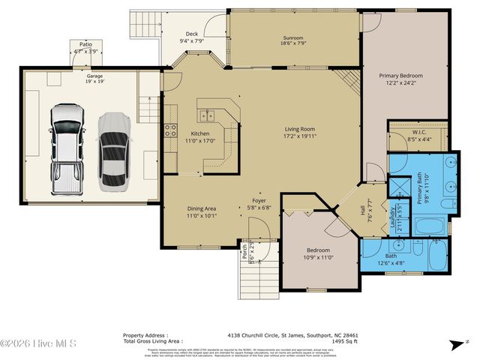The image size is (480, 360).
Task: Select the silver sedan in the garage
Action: pyautogui.click(x=114, y=151)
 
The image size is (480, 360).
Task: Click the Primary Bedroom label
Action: pyautogui.click(x=400, y=76)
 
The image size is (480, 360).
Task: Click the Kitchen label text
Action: pyautogui.click(x=178, y=133)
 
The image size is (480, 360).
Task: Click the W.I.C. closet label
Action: pyautogui.click(x=418, y=132)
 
